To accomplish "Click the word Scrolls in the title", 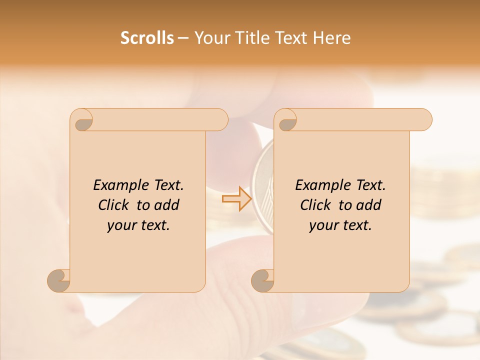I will click(x=147, y=37).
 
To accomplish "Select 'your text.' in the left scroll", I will click(x=138, y=225).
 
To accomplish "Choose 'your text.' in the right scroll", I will click(x=340, y=225).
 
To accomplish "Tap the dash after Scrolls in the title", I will click(x=183, y=38).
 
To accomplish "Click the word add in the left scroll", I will click(x=166, y=205).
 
